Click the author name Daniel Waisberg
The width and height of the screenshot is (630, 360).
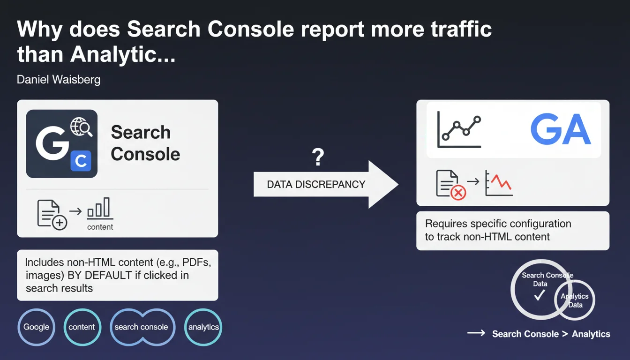tap(59, 80)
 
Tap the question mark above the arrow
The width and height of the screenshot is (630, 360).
tap(318, 157)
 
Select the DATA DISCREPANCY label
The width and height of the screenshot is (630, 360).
tap(316, 185)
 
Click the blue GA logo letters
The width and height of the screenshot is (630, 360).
tap(560, 129)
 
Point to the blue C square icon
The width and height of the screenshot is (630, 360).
tap(81, 161)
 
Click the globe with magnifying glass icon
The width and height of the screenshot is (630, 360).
tap(81, 127)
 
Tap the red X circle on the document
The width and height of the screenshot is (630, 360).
tap(458, 193)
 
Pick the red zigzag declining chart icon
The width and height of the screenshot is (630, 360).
tap(499, 183)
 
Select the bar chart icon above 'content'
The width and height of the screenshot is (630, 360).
tap(100, 208)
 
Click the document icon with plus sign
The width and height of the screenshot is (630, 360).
tap(52, 215)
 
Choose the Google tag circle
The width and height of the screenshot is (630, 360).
tap(36, 327)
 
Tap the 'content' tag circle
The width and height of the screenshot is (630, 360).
tap(82, 327)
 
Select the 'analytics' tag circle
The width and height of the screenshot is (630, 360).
tap(203, 327)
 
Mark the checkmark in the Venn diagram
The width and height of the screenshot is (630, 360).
tap(540, 295)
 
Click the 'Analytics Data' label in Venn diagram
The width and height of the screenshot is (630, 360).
tap(575, 300)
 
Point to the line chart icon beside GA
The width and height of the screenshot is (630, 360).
tap(459, 129)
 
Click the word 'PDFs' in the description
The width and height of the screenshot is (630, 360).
tap(196, 262)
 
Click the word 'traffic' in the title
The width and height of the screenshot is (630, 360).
tap(461, 29)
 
